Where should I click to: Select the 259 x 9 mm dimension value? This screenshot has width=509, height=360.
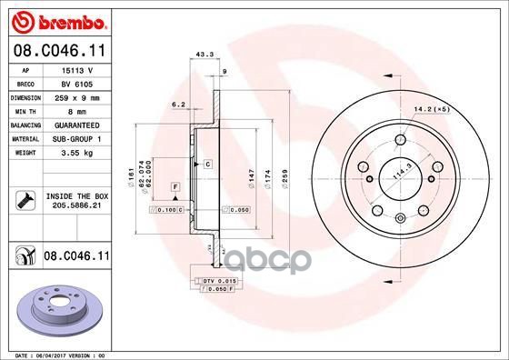point(75,95)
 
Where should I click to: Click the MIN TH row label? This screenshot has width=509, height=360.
point(24,110)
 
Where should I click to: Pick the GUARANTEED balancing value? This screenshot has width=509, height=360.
point(75,125)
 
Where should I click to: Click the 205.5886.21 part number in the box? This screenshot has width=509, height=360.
point(76,206)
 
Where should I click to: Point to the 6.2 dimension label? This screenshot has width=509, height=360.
point(178,105)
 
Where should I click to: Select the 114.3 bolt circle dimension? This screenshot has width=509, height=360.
point(401,170)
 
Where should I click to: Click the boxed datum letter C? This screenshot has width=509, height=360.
point(207,164)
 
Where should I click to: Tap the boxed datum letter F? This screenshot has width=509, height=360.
point(175,186)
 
